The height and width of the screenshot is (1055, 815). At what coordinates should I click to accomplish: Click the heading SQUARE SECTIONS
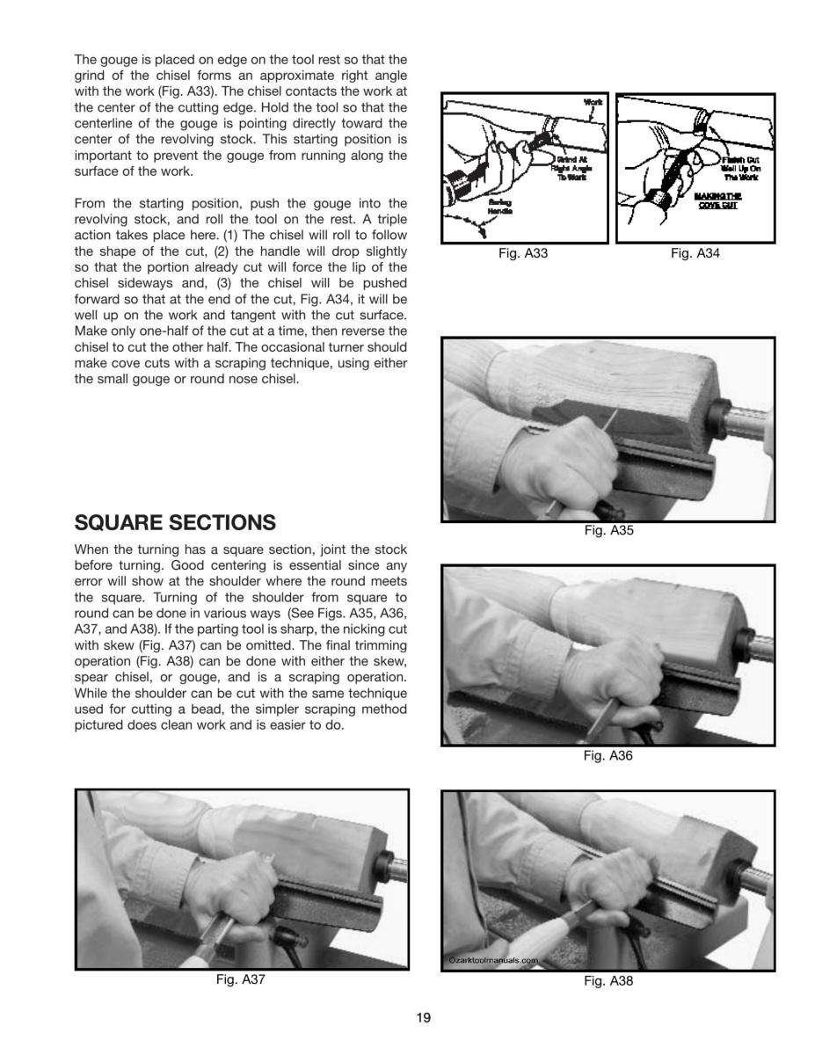click(175, 523)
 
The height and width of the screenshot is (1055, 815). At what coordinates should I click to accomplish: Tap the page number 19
click(424, 1018)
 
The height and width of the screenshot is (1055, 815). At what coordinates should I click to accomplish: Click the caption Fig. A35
click(608, 530)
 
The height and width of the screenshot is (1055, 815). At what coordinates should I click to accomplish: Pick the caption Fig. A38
click(608, 981)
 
